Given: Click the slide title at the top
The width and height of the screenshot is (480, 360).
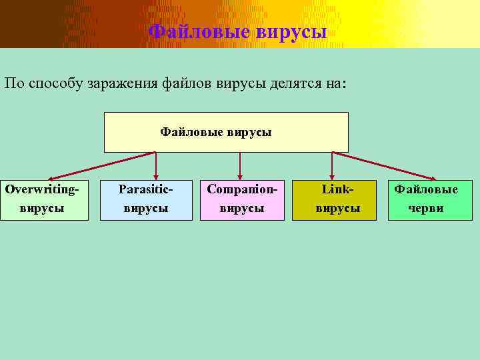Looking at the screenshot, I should click(x=237, y=31).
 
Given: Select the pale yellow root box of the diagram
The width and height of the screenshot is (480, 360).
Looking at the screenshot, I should click(x=226, y=132).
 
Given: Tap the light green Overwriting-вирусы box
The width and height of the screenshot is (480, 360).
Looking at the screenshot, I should click(x=44, y=199).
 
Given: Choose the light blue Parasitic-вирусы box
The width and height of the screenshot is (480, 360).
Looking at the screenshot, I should click(x=146, y=199).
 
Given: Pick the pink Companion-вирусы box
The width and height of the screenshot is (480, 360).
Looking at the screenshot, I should click(x=241, y=199).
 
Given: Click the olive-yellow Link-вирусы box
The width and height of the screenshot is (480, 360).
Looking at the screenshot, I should click(x=337, y=199).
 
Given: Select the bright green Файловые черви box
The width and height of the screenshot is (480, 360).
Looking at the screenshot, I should click(x=432, y=199).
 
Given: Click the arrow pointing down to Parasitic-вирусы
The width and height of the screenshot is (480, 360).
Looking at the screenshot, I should click(x=156, y=165).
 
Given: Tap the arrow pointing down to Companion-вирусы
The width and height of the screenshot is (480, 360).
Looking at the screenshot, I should click(x=240, y=165).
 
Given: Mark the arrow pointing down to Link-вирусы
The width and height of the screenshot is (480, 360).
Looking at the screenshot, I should click(x=331, y=165).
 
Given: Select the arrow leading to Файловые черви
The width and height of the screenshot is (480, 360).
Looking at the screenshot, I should click(x=387, y=165).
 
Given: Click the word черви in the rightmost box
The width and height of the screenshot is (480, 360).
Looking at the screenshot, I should click(x=426, y=208).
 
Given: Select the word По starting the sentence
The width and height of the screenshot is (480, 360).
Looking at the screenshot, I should click(x=14, y=84).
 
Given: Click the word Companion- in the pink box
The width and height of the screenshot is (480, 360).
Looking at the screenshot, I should click(x=241, y=189).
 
